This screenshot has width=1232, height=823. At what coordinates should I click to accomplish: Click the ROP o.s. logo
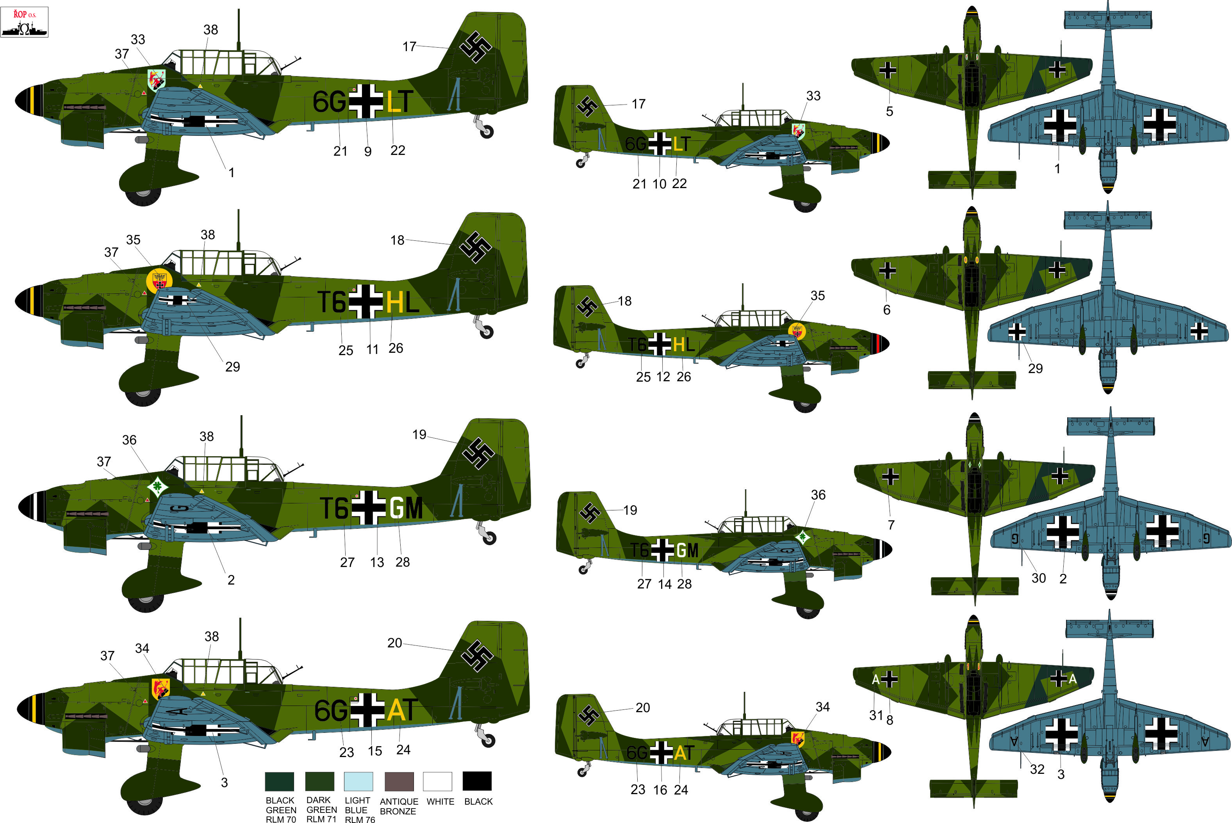25,22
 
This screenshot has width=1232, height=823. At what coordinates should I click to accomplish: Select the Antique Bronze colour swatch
399,781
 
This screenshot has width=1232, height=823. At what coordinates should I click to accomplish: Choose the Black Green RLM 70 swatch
279,781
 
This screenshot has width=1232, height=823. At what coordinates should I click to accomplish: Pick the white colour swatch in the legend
437,781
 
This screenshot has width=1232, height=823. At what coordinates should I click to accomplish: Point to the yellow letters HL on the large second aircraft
402,302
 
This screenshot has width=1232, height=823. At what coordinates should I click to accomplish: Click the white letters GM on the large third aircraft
406,508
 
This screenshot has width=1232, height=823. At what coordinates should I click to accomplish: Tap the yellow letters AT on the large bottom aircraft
402,710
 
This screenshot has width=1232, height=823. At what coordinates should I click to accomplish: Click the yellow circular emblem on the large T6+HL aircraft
159,281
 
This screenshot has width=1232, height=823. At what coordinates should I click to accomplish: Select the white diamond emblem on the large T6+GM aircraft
157,486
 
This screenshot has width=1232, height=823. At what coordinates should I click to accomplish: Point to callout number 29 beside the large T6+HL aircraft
233,367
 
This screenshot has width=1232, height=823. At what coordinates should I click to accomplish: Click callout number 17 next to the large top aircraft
410,47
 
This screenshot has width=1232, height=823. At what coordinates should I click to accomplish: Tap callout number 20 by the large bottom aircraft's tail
394,643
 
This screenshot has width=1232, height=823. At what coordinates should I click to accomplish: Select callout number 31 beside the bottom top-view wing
875,715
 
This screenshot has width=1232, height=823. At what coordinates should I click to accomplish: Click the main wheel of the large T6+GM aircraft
146,601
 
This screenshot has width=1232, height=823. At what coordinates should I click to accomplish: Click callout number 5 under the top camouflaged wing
890,111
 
